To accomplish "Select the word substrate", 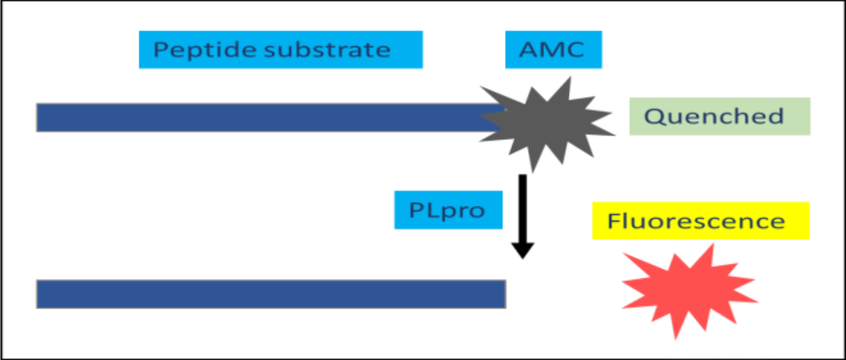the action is [x=327, y=49].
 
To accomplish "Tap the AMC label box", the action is [x=553, y=49].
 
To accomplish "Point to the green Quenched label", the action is [x=720, y=117].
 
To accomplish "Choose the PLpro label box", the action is [x=449, y=210].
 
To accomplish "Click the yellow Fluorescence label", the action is [x=701, y=221].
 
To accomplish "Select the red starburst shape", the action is [x=689, y=290].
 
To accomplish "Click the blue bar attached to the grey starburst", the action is [x=270, y=117].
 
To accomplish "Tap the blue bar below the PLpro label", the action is [x=271, y=294].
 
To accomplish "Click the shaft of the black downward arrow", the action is [x=523, y=208].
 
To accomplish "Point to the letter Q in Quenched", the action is [x=654, y=117].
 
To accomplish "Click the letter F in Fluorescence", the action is [x=614, y=221].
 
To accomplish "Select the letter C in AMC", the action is [x=574, y=49].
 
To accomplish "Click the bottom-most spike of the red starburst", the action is [x=676, y=337].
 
